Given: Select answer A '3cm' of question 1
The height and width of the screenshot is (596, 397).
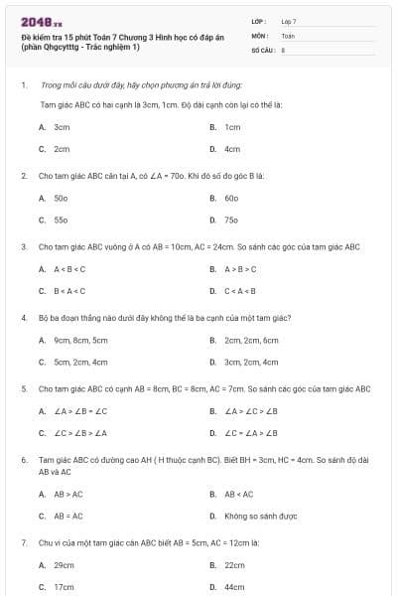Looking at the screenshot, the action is click(x=62, y=127).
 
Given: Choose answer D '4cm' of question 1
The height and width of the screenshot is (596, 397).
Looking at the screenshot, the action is click(x=232, y=149).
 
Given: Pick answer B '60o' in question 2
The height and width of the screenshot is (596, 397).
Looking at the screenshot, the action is click(x=231, y=198).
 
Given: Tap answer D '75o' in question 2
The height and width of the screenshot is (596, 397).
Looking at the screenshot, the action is click(x=231, y=220).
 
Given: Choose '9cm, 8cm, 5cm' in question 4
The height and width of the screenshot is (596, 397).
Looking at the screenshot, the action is click(x=80, y=340).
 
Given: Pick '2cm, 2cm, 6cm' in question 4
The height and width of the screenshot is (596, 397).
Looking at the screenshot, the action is click(x=251, y=340).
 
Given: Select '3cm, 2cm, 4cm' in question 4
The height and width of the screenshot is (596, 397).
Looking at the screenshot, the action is click(x=251, y=362).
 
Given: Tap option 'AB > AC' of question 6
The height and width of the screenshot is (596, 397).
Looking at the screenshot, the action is click(x=68, y=494).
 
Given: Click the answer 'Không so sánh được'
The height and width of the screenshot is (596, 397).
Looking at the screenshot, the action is click(x=261, y=516).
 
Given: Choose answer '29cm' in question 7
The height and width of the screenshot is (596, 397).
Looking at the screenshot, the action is click(x=65, y=564).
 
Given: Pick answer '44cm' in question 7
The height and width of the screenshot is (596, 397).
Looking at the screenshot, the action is click(x=234, y=586).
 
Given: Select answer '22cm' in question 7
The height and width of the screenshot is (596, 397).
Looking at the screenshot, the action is click(x=234, y=564).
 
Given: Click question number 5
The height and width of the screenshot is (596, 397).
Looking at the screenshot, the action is click(x=23, y=389).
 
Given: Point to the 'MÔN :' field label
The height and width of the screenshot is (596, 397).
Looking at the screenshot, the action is click(x=261, y=35).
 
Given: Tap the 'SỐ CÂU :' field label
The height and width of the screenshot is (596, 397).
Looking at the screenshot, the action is click(x=263, y=48).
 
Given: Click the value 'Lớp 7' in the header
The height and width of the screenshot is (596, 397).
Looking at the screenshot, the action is click(x=289, y=21).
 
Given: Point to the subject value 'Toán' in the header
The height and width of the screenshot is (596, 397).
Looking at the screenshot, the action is click(x=288, y=35).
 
